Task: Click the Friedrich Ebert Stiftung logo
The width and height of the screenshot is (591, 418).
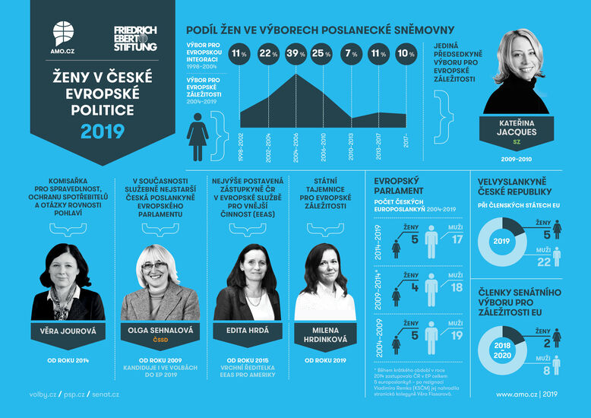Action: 135,38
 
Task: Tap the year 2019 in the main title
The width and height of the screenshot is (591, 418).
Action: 102,131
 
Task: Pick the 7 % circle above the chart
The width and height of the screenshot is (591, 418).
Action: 351,54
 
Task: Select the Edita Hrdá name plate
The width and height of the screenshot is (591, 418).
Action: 248,330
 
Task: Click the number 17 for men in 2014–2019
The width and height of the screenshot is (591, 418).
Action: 456,240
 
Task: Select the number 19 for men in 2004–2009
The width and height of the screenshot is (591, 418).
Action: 456,336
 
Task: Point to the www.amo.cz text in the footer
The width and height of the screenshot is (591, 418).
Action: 517,394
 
